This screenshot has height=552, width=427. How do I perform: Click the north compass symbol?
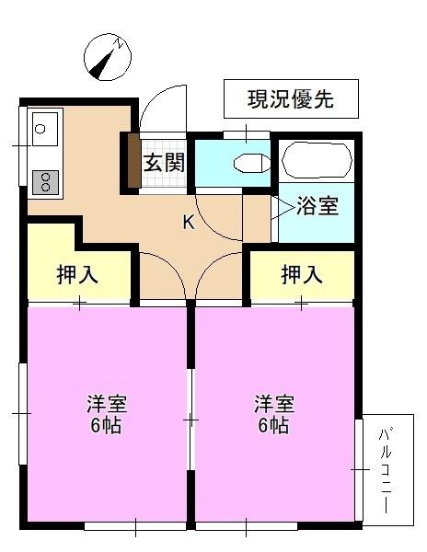coord(104,56)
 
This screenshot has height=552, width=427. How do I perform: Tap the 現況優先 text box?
coord(291,99)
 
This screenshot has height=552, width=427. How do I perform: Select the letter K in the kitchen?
coord(189,222)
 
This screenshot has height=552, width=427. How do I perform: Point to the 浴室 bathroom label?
coord(317,207)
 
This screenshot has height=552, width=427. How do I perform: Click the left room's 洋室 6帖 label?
coord(106,415)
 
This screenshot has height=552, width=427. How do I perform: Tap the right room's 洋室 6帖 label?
coord(274,415)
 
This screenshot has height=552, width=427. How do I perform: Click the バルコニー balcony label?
coord(386,470)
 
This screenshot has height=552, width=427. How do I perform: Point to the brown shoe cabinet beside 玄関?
coord(133,161)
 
